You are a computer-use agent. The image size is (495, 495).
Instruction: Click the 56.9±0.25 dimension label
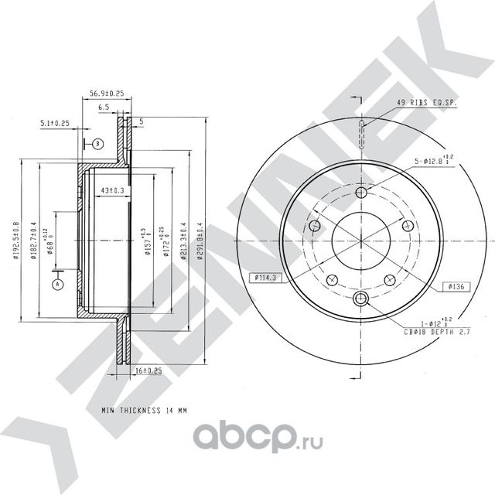click(108, 93)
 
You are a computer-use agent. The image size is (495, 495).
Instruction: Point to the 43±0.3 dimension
click(113, 189)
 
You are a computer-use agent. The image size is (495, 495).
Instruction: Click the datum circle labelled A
click(56, 285)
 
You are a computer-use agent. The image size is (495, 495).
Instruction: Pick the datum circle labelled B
click(97, 144)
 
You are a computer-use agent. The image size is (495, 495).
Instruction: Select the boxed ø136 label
click(455, 287)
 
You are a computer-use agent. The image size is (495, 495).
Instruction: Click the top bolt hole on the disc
click(362, 193)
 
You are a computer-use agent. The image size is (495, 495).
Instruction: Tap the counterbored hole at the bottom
click(362, 299)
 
